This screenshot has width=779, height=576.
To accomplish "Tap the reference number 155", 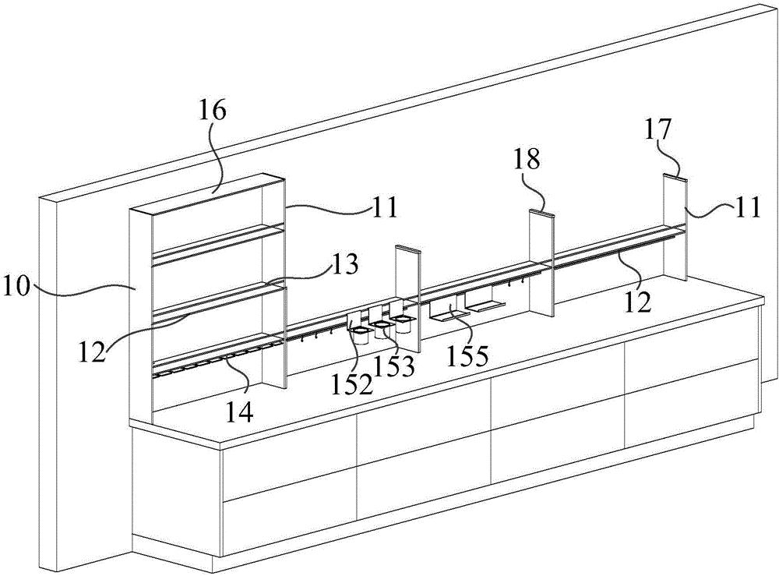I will pyautogui.click(x=467, y=356).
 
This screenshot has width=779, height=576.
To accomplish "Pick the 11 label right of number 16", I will pyautogui.click(x=382, y=207).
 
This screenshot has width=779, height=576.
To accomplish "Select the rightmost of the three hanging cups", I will pyautogui.click(x=404, y=320).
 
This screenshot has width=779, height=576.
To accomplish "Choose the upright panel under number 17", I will pyautogui.click(x=675, y=226).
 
